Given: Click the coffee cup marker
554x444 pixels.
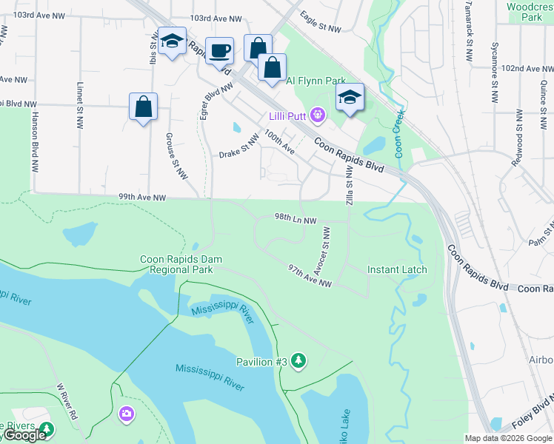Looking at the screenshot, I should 219,51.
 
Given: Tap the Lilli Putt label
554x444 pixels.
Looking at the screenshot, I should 288,115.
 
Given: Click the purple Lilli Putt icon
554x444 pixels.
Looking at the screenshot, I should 318,114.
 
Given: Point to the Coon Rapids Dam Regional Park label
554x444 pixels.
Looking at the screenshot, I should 181,264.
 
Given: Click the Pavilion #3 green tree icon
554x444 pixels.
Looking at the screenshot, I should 298,360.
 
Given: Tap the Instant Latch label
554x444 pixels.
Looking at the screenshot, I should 397,269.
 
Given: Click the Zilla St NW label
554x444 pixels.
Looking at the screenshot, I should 349,186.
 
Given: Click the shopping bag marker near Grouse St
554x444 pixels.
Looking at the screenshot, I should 143,107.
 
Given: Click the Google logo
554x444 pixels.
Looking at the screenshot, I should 24,436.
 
